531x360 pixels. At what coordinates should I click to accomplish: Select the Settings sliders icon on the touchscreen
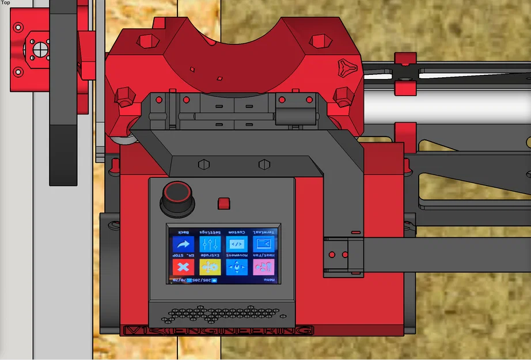click(210, 244)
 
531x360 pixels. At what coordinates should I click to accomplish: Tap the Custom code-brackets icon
click(237, 244)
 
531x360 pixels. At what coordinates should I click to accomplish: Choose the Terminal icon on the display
click(264, 244)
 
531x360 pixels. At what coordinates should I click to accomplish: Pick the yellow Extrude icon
click(210, 267)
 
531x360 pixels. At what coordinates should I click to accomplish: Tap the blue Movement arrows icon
click(237, 267)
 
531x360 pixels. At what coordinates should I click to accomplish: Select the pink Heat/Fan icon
click(264, 267)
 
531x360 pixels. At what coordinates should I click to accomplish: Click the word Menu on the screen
click(270, 280)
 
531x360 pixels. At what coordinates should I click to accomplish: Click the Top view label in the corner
click(6, 3)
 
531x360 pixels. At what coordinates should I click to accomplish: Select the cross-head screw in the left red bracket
click(40, 50)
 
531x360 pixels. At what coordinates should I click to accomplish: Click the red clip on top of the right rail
click(405, 58)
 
